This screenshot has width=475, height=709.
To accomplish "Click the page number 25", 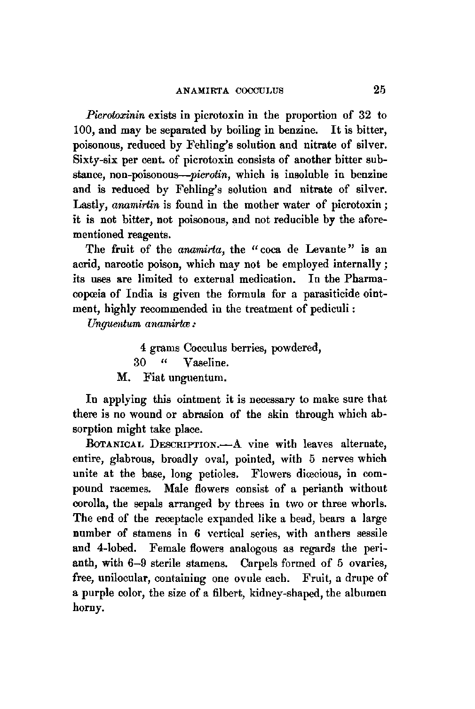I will (x=377, y=89).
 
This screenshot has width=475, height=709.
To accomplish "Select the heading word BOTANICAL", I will (x=109, y=444).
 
